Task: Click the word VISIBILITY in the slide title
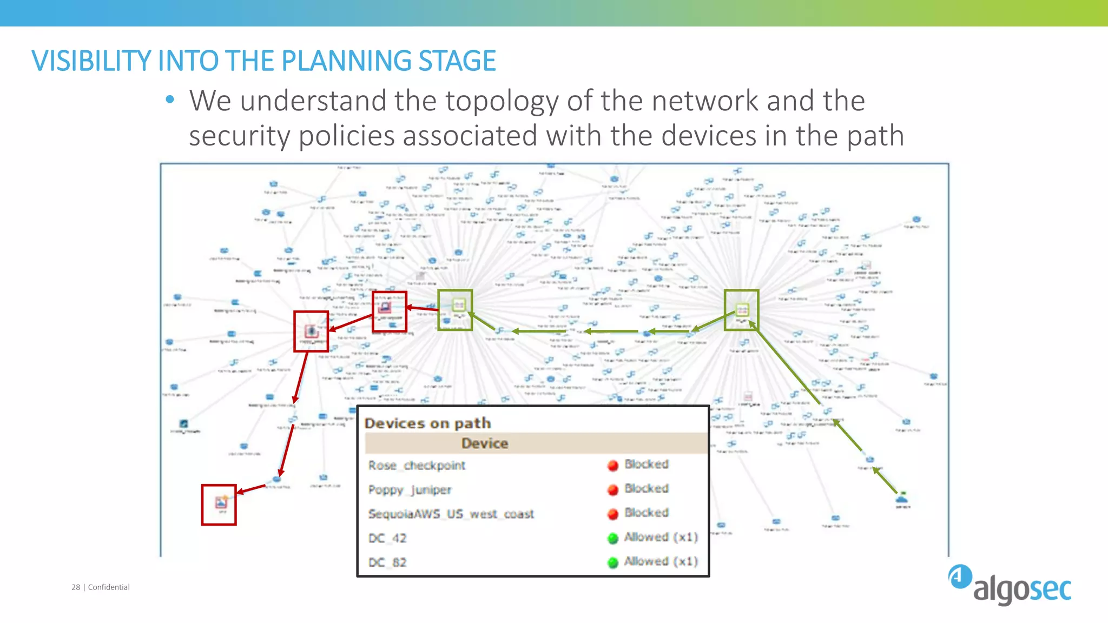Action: click(92, 61)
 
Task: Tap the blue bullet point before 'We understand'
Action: click(170, 100)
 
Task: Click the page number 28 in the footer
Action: click(76, 587)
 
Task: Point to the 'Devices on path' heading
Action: click(427, 423)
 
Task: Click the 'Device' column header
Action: click(485, 443)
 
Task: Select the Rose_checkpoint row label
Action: click(417, 466)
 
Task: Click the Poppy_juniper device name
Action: click(410, 490)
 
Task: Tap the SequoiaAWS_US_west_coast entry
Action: click(451, 514)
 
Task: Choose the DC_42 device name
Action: click(387, 538)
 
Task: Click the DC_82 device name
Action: click(387, 562)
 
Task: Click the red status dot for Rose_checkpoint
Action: click(612, 466)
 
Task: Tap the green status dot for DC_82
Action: click(612, 563)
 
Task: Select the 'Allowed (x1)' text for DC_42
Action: click(661, 537)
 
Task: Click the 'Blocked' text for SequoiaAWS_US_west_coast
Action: click(647, 513)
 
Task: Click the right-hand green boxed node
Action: click(742, 310)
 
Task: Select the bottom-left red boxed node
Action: click(219, 504)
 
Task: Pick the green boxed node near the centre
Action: click(455, 309)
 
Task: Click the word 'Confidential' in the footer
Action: click(109, 587)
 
